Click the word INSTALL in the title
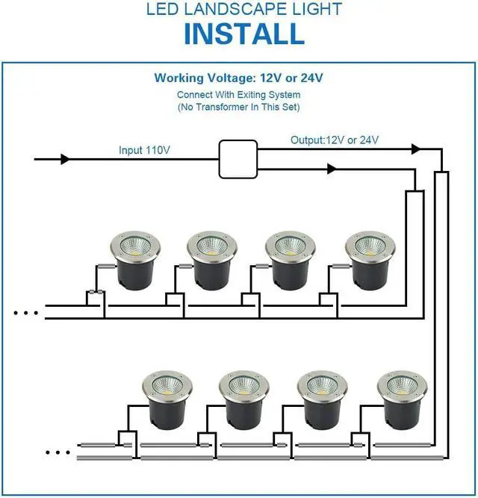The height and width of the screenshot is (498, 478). point(243,34)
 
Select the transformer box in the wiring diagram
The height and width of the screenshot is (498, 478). point(238,159)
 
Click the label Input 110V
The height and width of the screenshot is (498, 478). point(144,150)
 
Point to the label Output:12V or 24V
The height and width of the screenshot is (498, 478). point(335,140)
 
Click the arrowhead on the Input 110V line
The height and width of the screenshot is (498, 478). point(65,159)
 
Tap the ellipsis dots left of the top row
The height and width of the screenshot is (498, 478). point(25,313)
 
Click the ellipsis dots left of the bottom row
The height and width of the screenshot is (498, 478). point(58,452)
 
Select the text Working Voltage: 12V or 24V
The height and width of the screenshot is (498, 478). point(239,78)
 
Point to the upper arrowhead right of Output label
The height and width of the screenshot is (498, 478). point(415,149)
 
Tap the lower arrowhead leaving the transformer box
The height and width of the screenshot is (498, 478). point(332,169)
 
